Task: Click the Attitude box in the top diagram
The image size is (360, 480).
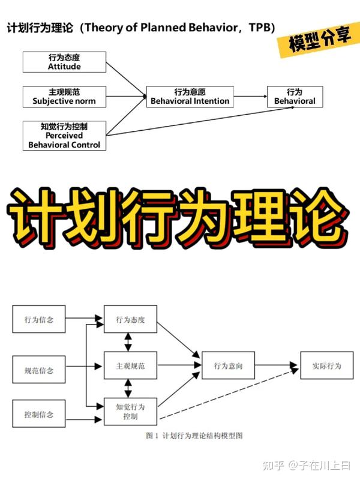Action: click(x=64, y=62)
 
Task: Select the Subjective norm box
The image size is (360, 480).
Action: click(x=64, y=97)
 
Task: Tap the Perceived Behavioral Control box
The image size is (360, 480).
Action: click(x=64, y=136)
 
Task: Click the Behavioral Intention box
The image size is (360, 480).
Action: click(x=190, y=97)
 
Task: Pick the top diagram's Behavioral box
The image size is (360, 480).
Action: click(x=295, y=97)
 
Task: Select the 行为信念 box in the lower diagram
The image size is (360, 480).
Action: click(x=39, y=319)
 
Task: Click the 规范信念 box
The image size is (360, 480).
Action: click(x=39, y=370)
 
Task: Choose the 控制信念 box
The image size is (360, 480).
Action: click(x=39, y=415)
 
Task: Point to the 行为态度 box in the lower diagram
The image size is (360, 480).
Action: click(x=130, y=319)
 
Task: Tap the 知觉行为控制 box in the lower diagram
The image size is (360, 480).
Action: click(x=130, y=411)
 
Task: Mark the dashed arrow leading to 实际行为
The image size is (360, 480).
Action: click(x=228, y=396)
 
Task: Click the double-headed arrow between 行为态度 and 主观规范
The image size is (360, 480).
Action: click(x=127, y=342)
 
